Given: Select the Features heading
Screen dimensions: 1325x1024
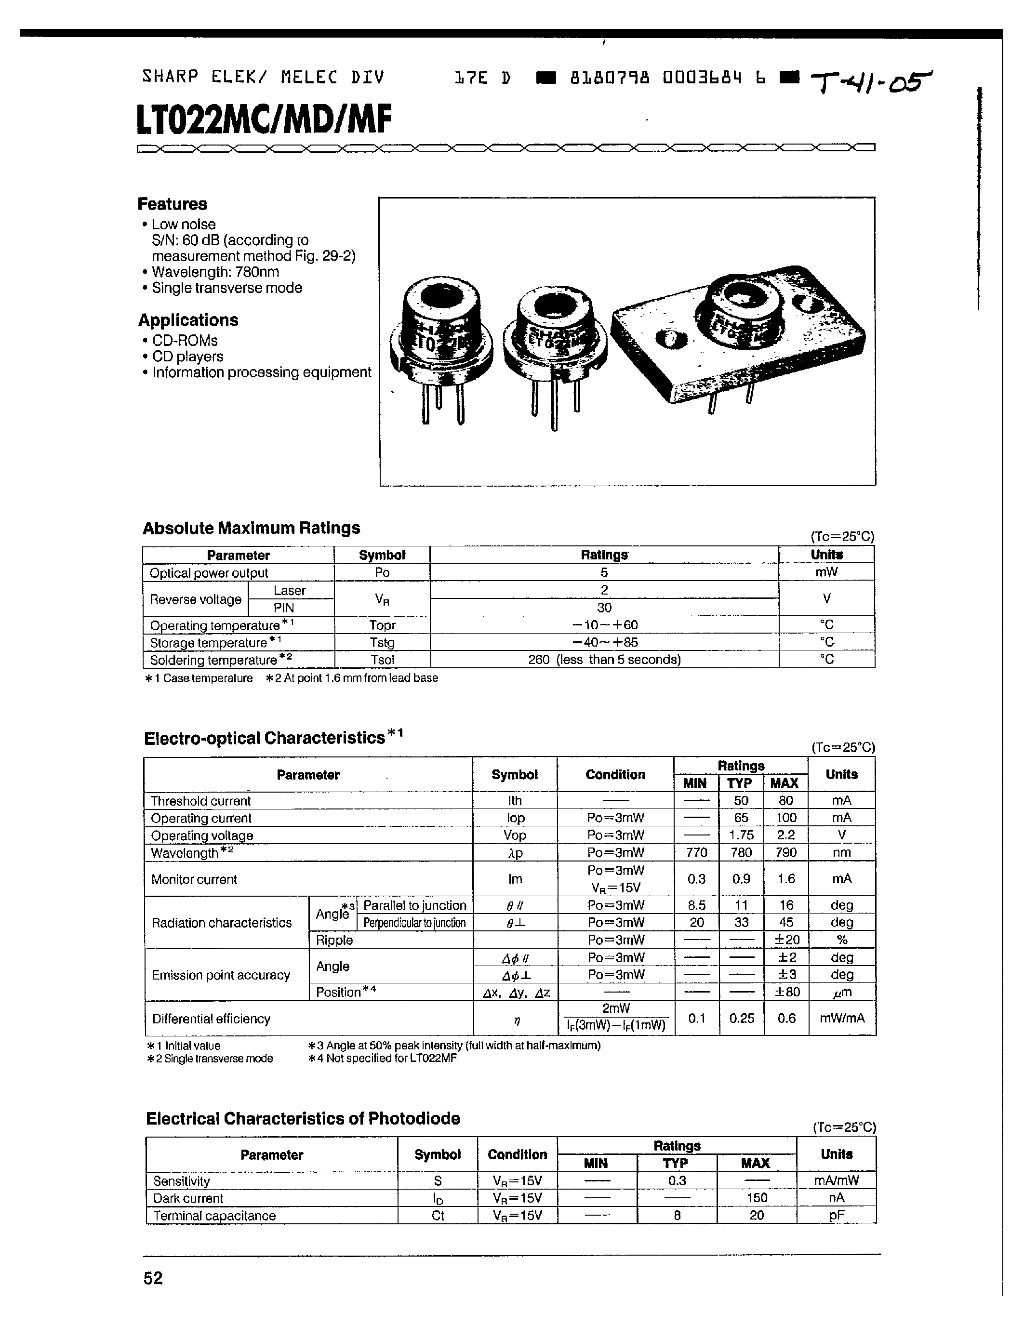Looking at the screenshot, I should [173, 204].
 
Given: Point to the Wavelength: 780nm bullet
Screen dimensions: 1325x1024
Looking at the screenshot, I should [215, 272].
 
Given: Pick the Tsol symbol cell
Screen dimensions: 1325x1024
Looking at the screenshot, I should [382, 660].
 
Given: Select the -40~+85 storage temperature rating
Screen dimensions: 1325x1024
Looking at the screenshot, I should [604, 642].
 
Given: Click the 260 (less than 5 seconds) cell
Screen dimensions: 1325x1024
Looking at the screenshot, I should [604, 660].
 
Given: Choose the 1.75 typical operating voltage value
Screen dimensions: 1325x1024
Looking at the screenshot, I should [741, 835].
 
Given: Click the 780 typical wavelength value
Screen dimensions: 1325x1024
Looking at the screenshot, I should [741, 852].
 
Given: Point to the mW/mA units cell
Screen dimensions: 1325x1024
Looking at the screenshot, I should [841, 1019].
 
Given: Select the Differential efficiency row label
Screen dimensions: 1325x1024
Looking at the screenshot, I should [211, 1019].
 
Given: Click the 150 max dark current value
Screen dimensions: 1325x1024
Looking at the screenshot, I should [757, 1198].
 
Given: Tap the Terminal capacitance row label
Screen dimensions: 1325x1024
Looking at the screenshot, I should [214, 1216].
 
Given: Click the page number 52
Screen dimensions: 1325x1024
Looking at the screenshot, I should [153, 1278].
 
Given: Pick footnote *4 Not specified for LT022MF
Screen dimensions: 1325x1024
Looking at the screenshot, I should [382, 1059].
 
